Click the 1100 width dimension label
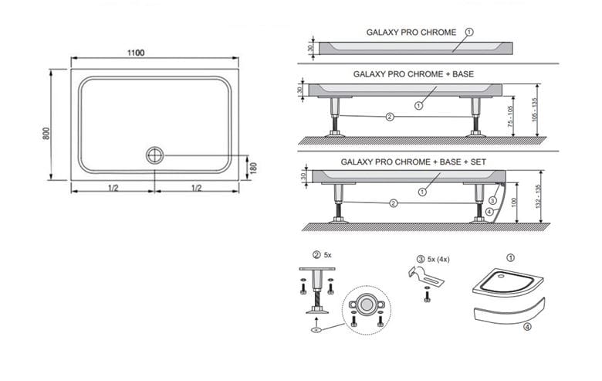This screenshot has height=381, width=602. (136, 53)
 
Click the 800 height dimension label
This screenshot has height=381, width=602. (46, 134)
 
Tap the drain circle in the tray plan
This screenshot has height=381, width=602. (154, 155)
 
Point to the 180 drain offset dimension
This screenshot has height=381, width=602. (253, 168)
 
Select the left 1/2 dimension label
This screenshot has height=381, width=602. (113, 188)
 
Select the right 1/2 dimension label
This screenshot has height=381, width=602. (196, 188)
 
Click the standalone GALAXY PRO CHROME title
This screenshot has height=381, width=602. (411, 32)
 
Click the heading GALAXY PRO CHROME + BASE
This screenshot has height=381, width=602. (414, 74)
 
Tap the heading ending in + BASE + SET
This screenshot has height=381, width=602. (414, 162)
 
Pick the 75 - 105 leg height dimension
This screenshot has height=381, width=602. (510, 116)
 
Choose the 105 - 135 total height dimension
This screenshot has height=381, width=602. (534, 110)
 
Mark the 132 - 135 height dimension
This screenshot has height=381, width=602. (538, 196)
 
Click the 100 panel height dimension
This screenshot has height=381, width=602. (515, 202)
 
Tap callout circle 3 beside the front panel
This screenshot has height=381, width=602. (492, 200)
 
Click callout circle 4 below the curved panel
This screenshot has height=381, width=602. (489, 212)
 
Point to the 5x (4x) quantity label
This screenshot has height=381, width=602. (438, 260)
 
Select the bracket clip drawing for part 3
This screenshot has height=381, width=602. (425, 276)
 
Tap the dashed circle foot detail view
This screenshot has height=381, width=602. (367, 310)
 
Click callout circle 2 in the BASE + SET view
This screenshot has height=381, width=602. (393, 203)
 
